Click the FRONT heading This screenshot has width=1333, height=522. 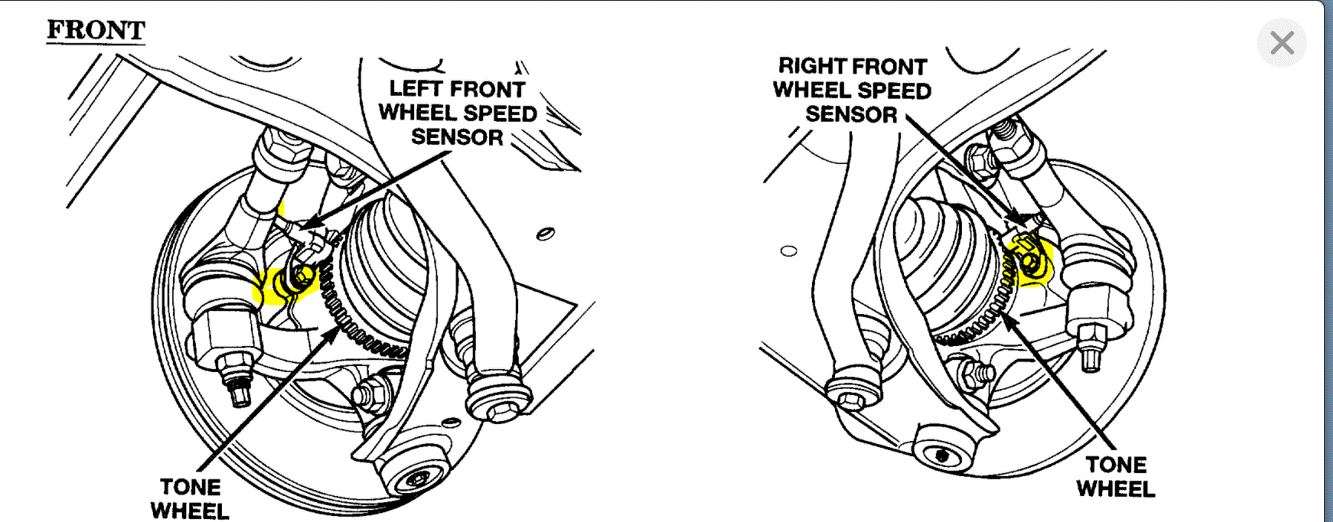coord(96,30)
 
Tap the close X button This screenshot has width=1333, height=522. coord(1282,43)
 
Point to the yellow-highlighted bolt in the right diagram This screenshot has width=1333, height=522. coord(1029,262)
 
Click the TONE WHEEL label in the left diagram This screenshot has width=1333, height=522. coord(190,499)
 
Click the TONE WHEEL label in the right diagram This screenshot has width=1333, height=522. coord(1116,477)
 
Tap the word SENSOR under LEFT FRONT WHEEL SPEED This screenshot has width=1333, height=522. coord(457,137)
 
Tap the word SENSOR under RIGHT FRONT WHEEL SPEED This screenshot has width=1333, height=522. coord(851,114)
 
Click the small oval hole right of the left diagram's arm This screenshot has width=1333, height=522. coord(546,235)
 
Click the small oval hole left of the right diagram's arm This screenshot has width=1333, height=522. coord(789,251)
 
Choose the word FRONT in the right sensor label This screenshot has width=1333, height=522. coord(892,67)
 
